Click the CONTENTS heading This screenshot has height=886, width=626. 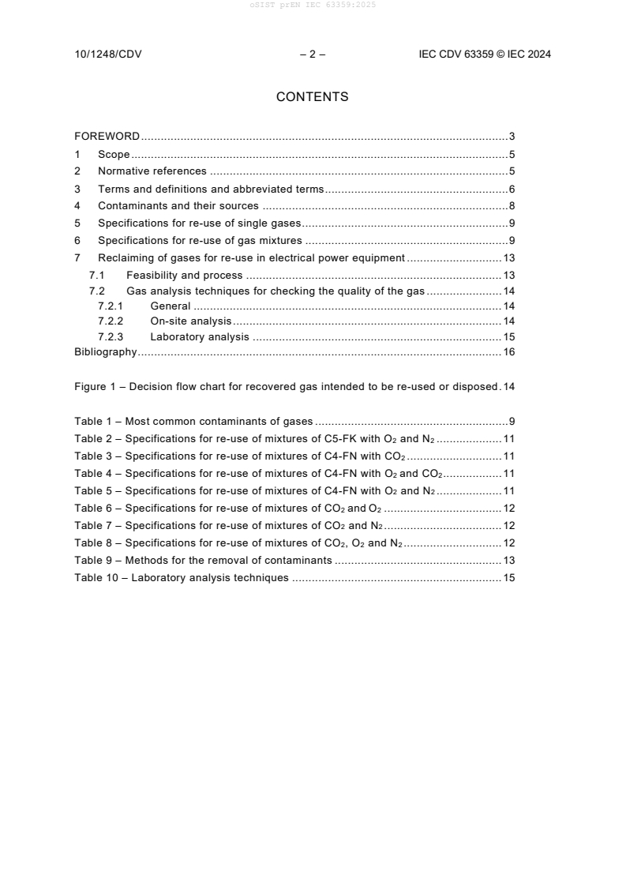coord(312,97)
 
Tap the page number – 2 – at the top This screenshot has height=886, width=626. coord(313,54)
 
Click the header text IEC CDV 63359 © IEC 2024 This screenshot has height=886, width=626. coord(485,54)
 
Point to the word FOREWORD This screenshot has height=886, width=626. coord(107,137)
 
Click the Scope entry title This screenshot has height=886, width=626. coord(114,155)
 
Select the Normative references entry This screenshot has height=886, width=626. coord(152,171)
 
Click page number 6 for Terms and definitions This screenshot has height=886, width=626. coord(512,190)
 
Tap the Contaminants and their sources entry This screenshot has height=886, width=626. coord(178,206)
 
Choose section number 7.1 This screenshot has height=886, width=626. coord(96,276)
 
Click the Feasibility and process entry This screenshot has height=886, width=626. coord(184,276)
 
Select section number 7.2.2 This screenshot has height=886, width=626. coord(111,321)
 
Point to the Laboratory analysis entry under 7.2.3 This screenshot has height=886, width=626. coord(199,337)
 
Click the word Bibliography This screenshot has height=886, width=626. coord(106,352)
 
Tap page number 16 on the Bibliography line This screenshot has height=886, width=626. coord(509,352)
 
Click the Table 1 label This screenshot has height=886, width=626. coord(93,422)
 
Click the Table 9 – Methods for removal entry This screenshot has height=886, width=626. coord(203,561)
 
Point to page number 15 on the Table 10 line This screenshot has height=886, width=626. coord(509,578)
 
